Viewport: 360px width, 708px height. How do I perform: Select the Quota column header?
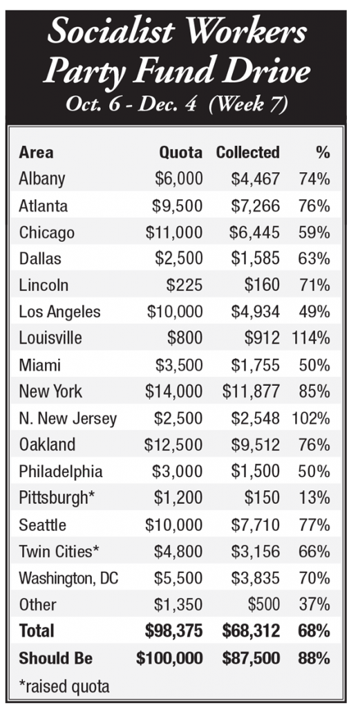pos(181,153)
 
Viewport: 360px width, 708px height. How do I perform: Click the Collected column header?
pos(247,152)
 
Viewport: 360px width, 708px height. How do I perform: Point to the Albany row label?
pos(42,180)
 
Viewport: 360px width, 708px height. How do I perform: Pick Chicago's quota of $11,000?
pos(174,232)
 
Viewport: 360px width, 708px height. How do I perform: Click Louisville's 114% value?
pos(311,338)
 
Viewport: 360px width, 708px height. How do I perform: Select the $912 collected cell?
pos(262,338)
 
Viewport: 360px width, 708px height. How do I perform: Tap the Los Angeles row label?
pos(59,313)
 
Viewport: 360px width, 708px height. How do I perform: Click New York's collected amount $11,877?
pos(251,391)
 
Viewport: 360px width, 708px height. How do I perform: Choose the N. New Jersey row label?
pos(68,419)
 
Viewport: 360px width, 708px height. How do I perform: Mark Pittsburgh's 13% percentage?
pos(314,498)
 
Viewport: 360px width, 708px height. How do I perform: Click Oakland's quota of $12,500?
pos(173,445)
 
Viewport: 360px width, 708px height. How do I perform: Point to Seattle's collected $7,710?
pos(256,525)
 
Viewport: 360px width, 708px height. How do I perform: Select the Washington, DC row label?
pos(68,578)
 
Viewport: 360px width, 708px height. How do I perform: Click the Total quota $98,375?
pos(173,631)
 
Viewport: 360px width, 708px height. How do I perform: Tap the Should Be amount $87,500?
pos(251,658)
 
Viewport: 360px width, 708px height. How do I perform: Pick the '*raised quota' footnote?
pos(64,686)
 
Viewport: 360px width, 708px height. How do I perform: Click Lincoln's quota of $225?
pos(184,286)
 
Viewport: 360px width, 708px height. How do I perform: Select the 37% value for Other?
pos(314,604)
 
